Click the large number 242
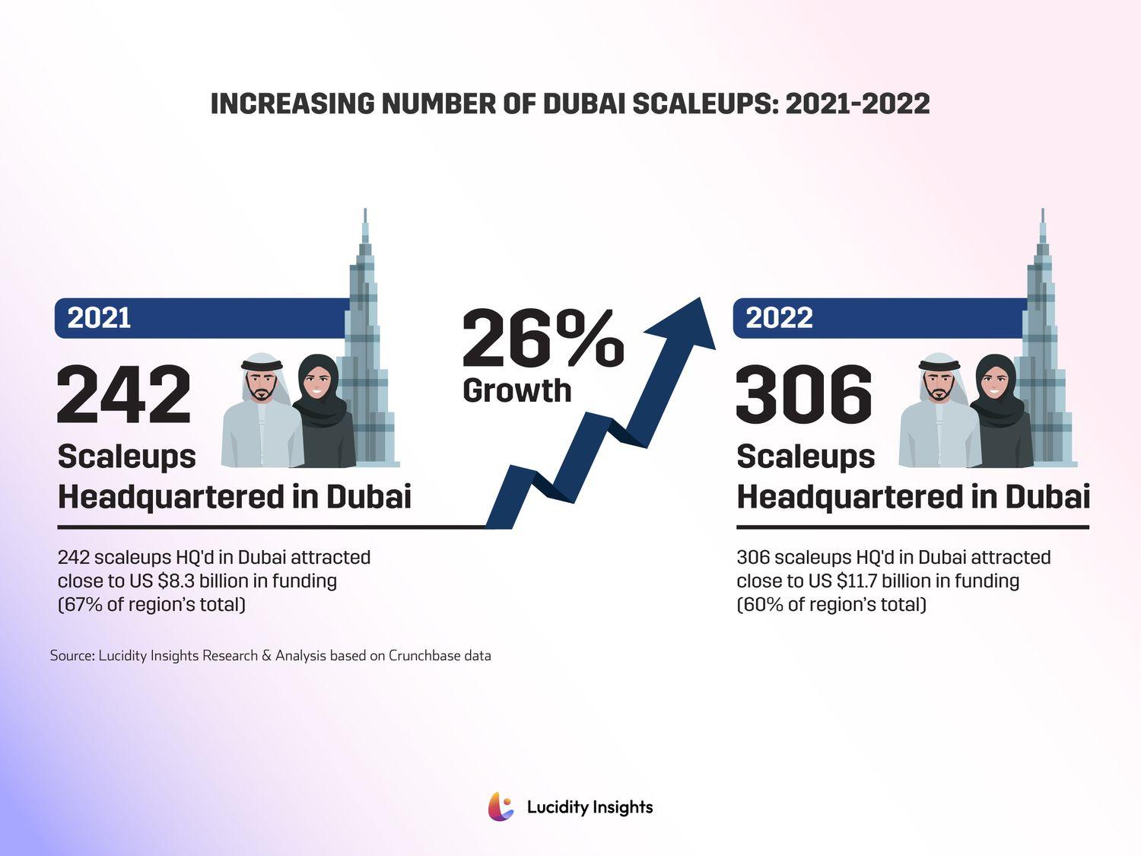coord(124,394)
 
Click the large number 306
coord(804,394)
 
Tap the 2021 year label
coord(99,318)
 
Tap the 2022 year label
coord(779,318)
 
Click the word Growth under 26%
coord(516,390)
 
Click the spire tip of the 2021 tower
coord(365,212)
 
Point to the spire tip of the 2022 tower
coord(1042,212)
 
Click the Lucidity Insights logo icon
coord(501,807)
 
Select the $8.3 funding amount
coord(176,581)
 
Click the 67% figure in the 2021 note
coord(78,605)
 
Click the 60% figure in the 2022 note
coord(758,605)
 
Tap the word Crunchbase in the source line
coord(424,655)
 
